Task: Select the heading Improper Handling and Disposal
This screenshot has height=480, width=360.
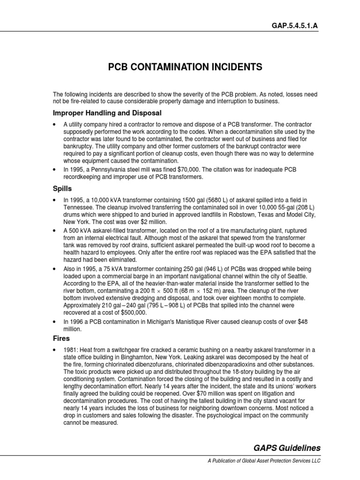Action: (x=107, y=113)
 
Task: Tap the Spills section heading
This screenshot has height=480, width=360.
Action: (x=62, y=189)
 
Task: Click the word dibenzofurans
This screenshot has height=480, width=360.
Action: (x=142, y=364)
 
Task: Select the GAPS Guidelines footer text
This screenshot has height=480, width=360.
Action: (x=287, y=448)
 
